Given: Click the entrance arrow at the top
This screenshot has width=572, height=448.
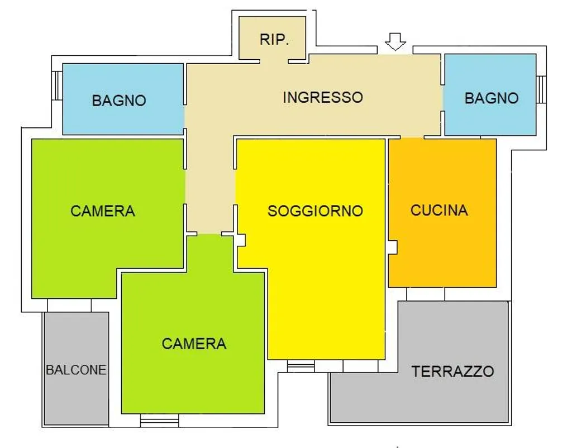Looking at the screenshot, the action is (x=395, y=41).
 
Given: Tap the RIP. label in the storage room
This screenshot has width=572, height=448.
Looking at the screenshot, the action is (x=274, y=40).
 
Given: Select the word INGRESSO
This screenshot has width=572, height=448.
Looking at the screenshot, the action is (x=323, y=97).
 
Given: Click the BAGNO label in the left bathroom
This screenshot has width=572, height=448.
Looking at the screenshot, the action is (x=119, y=101).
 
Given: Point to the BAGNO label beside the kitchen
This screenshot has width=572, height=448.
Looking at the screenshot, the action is (x=492, y=98).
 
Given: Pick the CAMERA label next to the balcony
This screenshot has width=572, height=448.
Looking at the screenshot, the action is (x=103, y=211).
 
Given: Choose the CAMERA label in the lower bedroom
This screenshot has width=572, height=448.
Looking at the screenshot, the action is (x=194, y=344).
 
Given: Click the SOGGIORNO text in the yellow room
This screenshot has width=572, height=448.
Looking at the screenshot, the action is (x=315, y=211).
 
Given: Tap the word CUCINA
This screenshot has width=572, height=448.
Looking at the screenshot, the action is (x=439, y=210).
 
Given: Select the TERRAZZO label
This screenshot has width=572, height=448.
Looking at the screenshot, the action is (x=452, y=371).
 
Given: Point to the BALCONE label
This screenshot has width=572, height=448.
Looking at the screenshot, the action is (x=76, y=370).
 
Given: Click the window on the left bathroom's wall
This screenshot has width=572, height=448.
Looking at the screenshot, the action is (x=58, y=85).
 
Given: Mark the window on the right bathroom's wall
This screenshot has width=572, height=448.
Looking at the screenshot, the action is (x=541, y=89).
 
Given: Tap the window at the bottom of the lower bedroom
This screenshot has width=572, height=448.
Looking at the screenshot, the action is (x=159, y=420).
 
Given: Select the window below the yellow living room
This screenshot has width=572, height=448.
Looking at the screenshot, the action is (x=301, y=366).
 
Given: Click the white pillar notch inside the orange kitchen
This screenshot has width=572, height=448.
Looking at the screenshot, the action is (x=393, y=246).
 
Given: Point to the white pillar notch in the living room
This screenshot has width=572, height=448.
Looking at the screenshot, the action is (x=241, y=240).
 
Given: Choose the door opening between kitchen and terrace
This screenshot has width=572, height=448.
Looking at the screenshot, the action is (x=425, y=294).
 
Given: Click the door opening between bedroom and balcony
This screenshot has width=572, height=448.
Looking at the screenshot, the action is (x=69, y=306).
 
